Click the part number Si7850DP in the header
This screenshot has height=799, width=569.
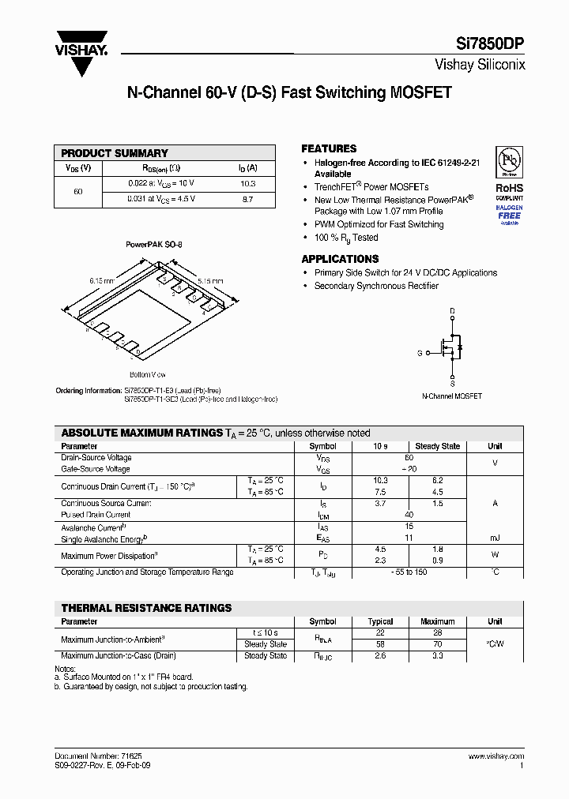(x=490, y=45)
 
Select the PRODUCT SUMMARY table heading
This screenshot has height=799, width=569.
(x=115, y=153)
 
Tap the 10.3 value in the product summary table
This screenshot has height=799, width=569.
(x=247, y=183)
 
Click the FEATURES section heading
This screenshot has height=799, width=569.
(x=329, y=148)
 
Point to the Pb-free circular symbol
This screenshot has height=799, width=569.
(x=509, y=161)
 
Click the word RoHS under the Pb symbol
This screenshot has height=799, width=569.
(x=509, y=188)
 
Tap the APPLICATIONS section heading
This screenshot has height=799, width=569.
(x=340, y=259)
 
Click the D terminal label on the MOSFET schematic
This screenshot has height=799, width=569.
(x=452, y=311)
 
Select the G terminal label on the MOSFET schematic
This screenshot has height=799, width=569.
(x=420, y=354)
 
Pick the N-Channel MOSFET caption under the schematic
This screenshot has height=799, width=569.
(x=451, y=396)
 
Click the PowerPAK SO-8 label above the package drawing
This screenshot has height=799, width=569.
(x=153, y=245)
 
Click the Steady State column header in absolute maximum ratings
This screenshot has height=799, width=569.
(x=437, y=446)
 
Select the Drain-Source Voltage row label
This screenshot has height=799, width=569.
(x=96, y=458)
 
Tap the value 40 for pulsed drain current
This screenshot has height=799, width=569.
(x=409, y=515)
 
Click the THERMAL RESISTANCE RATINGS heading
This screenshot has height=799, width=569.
(x=146, y=608)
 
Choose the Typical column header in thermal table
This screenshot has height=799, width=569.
(x=380, y=621)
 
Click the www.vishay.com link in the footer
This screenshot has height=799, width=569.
(x=496, y=756)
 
